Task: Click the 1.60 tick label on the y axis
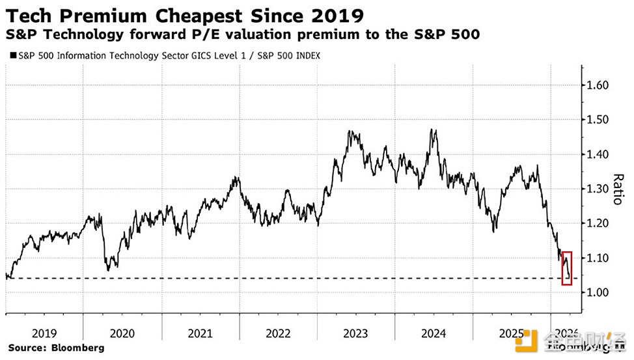click(599, 85)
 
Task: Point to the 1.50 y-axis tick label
click(599, 120)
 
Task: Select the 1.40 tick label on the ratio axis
click(599, 154)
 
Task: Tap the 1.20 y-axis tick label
click(599, 223)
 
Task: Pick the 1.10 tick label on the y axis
click(599, 258)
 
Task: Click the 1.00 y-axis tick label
click(599, 292)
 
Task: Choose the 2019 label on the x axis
click(44, 333)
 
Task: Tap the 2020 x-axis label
click(122, 333)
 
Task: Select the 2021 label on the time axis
click(200, 333)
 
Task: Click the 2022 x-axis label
click(278, 333)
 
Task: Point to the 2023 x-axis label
click(355, 333)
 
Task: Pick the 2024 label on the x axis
click(434, 333)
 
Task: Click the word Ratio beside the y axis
click(618, 189)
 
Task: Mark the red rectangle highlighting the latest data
click(567, 268)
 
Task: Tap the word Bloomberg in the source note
click(78, 348)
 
